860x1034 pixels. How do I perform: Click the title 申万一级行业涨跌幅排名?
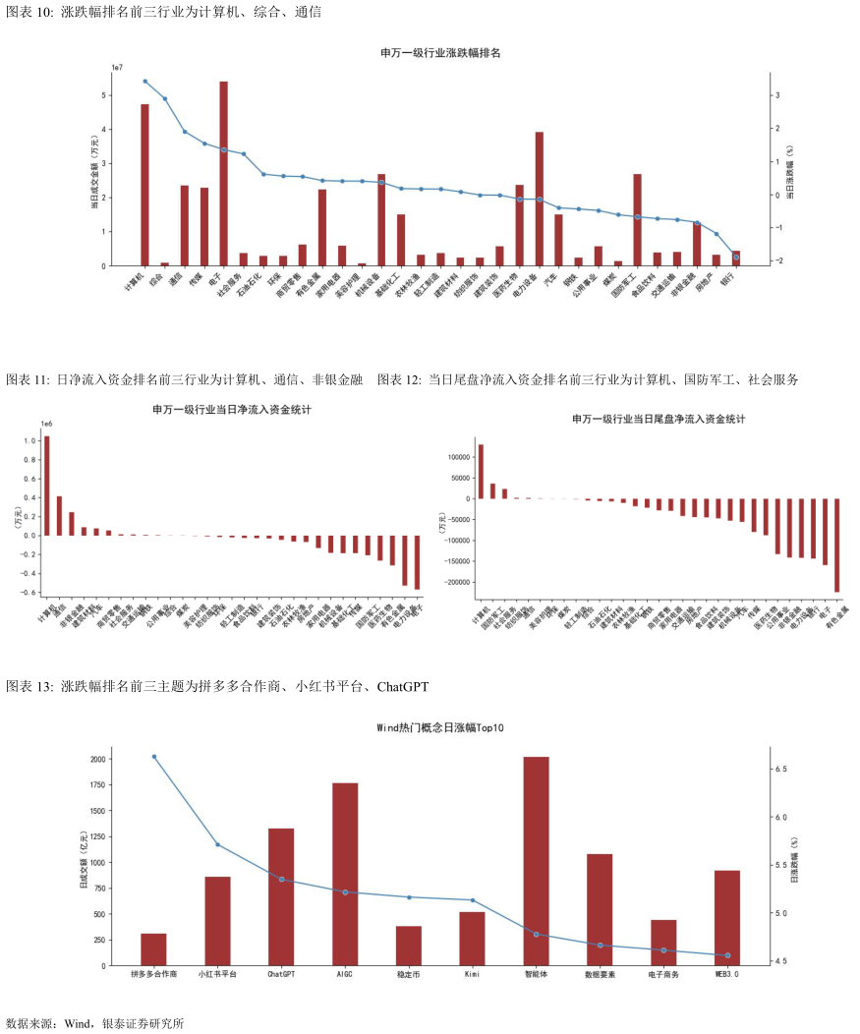coord(440,52)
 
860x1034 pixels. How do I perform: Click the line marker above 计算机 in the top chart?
coord(144,82)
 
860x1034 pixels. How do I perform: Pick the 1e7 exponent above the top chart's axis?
coord(117,67)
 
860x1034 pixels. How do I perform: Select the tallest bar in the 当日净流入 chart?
coord(46,486)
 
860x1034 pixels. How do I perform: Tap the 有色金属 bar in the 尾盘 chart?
coord(837,545)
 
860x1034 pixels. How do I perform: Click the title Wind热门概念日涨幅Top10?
coord(440,727)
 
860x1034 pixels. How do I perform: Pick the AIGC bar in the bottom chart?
coord(345,874)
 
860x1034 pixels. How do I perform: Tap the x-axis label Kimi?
coord(472,975)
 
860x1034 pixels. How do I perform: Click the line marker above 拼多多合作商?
coord(154,757)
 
